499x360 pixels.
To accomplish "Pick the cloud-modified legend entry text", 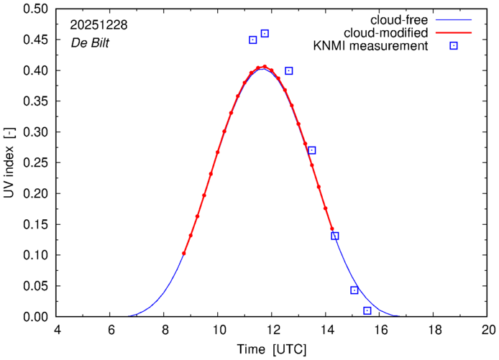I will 387,32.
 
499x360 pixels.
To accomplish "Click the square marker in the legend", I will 454,46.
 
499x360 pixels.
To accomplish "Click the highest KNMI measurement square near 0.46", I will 265,34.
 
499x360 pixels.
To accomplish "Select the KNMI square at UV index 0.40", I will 289,70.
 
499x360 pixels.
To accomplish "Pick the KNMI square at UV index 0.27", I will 312,150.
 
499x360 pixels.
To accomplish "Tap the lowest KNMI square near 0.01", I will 367,310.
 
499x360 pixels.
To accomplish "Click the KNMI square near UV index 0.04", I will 354,290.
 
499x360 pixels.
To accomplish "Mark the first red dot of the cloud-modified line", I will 184,253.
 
